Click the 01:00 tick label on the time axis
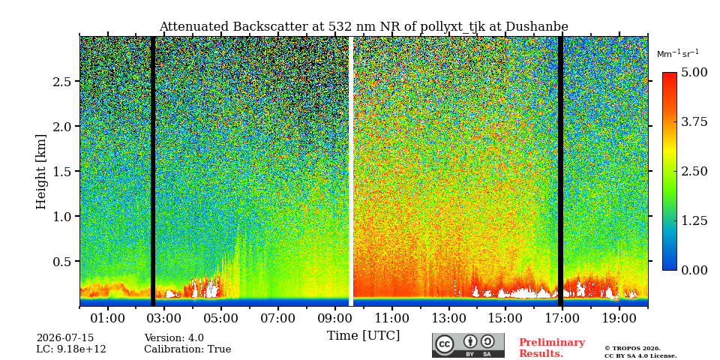[x=108, y=318]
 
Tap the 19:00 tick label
[x=619, y=318]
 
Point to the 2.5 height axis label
[x=61, y=81]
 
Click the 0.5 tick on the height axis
[x=61, y=261]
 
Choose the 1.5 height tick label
[x=61, y=171]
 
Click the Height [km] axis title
[x=41, y=172]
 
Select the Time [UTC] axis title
[x=363, y=336]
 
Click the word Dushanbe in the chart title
[x=537, y=27]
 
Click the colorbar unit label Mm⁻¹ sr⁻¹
[x=678, y=53]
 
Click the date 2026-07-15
[x=65, y=338]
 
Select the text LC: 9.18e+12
[x=71, y=349]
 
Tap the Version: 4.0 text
[x=174, y=338]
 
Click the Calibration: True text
[x=187, y=349]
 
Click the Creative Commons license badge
[x=468, y=345]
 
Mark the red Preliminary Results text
[x=552, y=348]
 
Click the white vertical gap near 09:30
[x=351, y=171]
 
